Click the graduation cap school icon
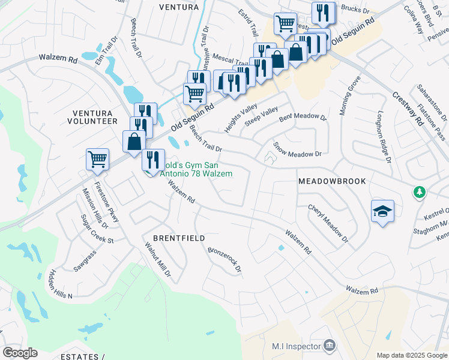pyautogui.click(x=382, y=212)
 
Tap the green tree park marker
pyautogui.click(x=419, y=193)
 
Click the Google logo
pyautogui.click(x=20, y=353)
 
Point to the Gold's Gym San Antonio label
pyautogui.click(x=195, y=169)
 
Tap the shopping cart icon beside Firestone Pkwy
pyautogui.click(x=97, y=159)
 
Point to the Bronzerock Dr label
pyautogui.click(x=224, y=260)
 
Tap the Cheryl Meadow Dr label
pyautogui.click(x=328, y=223)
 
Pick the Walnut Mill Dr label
pyautogui.click(x=158, y=259)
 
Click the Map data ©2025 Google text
pyautogui.click(x=412, y=355)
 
